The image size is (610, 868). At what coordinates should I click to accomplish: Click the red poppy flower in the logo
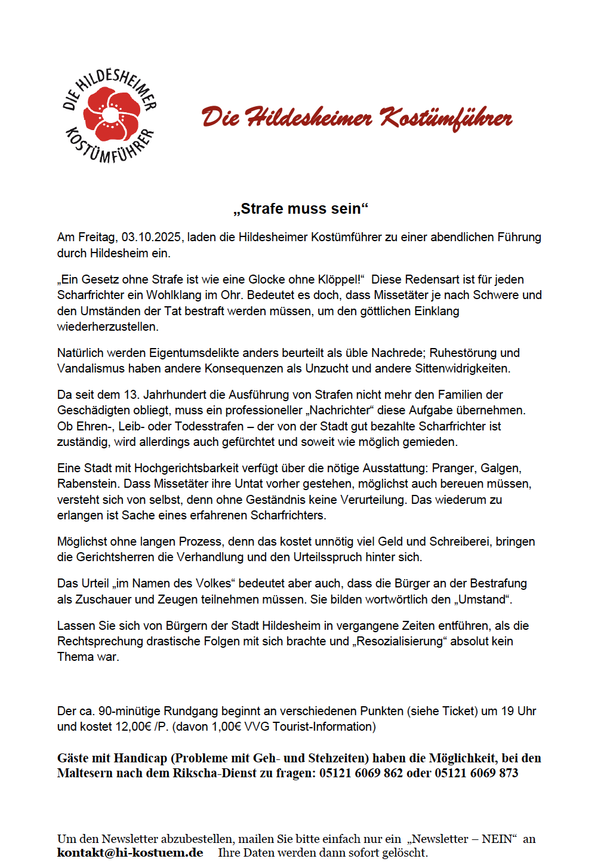[111, 115]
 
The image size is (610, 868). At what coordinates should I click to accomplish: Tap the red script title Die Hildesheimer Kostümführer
[356, 118]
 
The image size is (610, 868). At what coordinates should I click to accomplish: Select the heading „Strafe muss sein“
[301, 209]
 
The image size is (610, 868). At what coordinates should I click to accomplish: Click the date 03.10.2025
[151, 238]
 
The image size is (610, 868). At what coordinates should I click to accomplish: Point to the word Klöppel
[340, 279]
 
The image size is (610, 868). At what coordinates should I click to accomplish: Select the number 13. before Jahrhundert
[131, 395]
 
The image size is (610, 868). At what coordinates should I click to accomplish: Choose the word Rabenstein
[88, 484]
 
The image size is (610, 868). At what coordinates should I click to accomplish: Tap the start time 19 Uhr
[518, 711]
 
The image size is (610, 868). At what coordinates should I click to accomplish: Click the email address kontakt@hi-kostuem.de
[130, 852]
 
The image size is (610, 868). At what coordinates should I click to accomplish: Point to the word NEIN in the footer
[497, 839]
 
